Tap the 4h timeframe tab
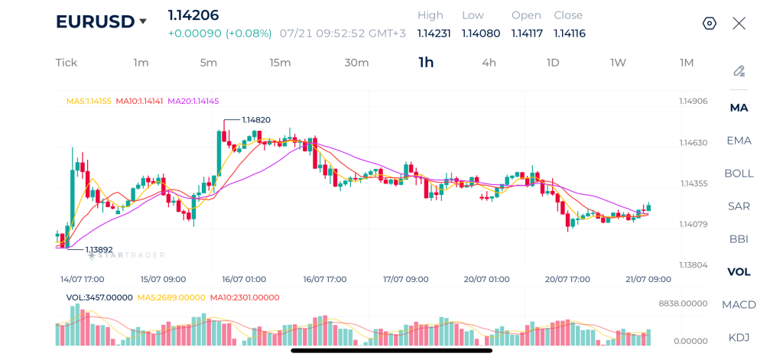pos(489,63)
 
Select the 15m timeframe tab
pos(280,63)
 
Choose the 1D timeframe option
pos(553,63)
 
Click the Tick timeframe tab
pos(67,63)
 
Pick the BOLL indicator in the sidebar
pos(739,174)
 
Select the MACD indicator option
pos(739,304)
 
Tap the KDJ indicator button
pos(739,338)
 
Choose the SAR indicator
pos(739,206)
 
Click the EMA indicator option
pos(739,141)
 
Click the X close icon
pos(739,24)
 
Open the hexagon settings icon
pos(710,24)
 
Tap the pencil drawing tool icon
pos(739,71)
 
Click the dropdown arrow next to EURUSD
pos(143,21)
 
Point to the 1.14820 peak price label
pos(256,120)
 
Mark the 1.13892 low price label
pos(99,248)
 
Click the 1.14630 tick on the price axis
pos(693,143)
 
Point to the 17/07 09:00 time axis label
pos(405,279)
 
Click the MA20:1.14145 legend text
pos(193,101)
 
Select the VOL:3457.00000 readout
pos(99,297)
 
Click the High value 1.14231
pos(434,34)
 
